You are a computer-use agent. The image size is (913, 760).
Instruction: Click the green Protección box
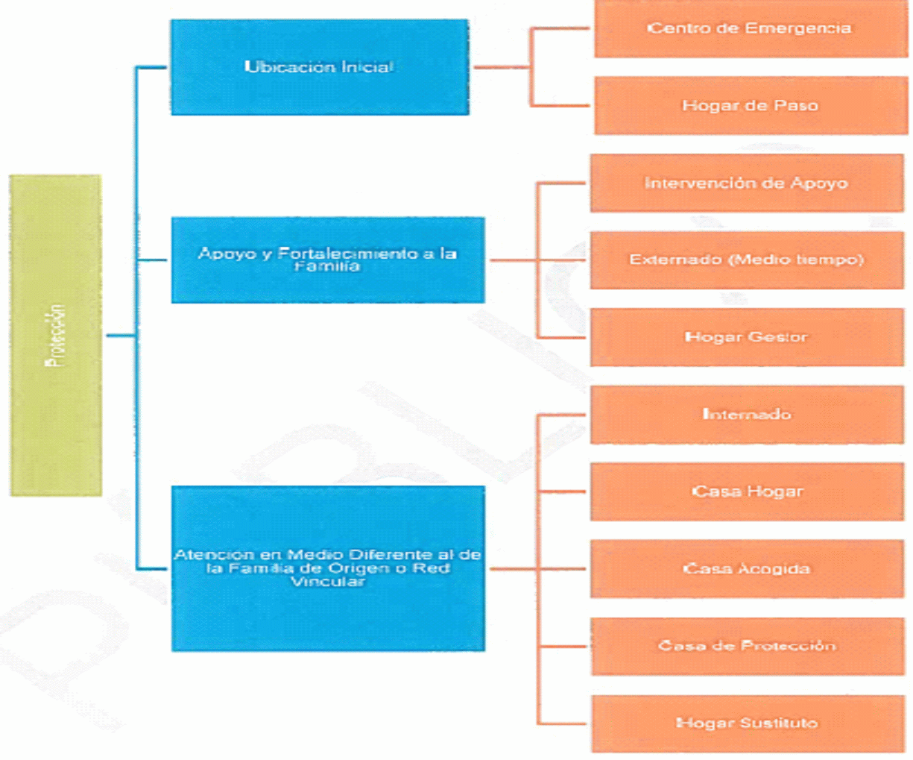(x=56, y=335)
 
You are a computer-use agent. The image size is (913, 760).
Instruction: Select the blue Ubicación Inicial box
(x=320, y=67)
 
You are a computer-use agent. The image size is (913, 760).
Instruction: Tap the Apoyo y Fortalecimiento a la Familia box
(x=328, y=260)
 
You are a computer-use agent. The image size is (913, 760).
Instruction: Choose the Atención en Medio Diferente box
(x=328, y=568)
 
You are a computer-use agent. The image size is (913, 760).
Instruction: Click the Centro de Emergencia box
(x=751, y=28)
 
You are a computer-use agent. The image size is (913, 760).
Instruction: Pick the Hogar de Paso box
(x=751, y=105)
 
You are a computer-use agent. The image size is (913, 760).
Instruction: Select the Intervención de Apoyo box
(x=747, y=183)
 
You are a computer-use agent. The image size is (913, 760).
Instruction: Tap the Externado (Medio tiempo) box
(x=747, y=260)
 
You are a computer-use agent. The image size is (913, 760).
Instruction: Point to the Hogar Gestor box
(x=747, y=337)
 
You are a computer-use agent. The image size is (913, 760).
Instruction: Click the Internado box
(x=747, y=415)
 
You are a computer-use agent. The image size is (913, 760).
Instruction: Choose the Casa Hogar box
(x=747, y=492)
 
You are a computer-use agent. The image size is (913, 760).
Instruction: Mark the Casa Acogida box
(x=747, y=569)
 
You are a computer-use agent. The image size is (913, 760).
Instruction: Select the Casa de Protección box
(x=748, y=646)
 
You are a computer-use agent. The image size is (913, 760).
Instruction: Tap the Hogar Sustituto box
(x=748, y=723)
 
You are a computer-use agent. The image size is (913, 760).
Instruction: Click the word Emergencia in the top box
(x=797, y=29)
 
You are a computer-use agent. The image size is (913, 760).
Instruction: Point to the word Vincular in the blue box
(x=328, y=582)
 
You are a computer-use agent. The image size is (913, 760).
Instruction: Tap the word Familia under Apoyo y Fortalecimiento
(x=327, y=266)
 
